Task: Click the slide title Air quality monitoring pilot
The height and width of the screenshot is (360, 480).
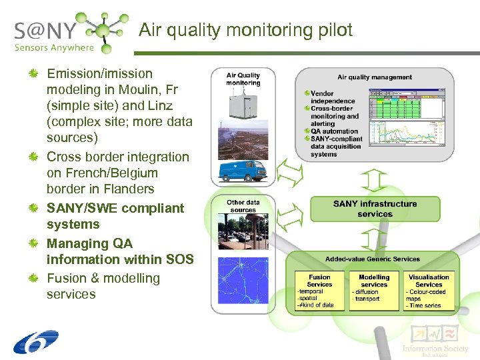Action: click(x=245, y=30)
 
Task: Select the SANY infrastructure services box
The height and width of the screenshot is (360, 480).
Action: click(x=375, y=209)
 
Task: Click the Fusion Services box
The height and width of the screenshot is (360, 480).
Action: click(x=319, y=289)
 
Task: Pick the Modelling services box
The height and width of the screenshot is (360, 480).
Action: click(x=374, y=289)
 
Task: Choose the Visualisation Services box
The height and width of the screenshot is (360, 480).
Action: click(x=429, y=289)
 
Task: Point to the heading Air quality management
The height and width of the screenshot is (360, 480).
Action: click(x=375, y=77)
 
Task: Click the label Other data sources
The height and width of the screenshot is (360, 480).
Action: click(x=243, y=206)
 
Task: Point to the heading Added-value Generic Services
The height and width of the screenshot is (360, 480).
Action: click(x=373, y=259)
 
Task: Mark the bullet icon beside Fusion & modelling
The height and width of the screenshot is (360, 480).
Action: click(x=33, y=278)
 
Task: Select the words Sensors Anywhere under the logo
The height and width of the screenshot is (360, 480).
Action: click(x=54, y=47)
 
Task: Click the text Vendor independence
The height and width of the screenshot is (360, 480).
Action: click(x=332, y=97)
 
